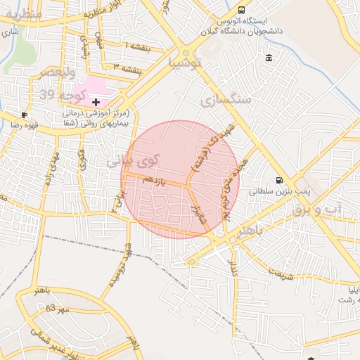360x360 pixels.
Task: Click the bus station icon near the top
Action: pyautogui.click(x=242, y=11)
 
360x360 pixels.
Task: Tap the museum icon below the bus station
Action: pyautogui.click(x=269, y=57)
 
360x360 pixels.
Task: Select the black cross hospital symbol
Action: pyautogui.click(x=96, y=103)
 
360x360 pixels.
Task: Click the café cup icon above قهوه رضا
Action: pyautogui.click(x=25, y=115)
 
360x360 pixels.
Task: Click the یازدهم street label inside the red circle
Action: pyautogui.click(x=154, y=182)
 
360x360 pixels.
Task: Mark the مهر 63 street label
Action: pyautogui.click(x=58, y=309)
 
